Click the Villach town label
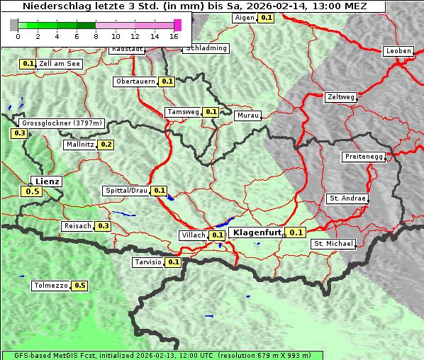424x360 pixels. [194, 235]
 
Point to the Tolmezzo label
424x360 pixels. [50, 286]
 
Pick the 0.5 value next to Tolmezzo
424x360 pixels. [80, 286]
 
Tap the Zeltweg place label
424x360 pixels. [341, 97]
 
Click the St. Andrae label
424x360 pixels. [347, 198]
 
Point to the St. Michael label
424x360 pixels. [333, 244]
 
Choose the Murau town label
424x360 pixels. [248, 115]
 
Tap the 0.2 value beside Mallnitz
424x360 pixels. [106, 145]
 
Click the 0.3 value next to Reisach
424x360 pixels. [104, 226]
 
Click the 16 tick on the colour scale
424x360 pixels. [174, 35]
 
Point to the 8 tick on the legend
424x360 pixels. [96, 35]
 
